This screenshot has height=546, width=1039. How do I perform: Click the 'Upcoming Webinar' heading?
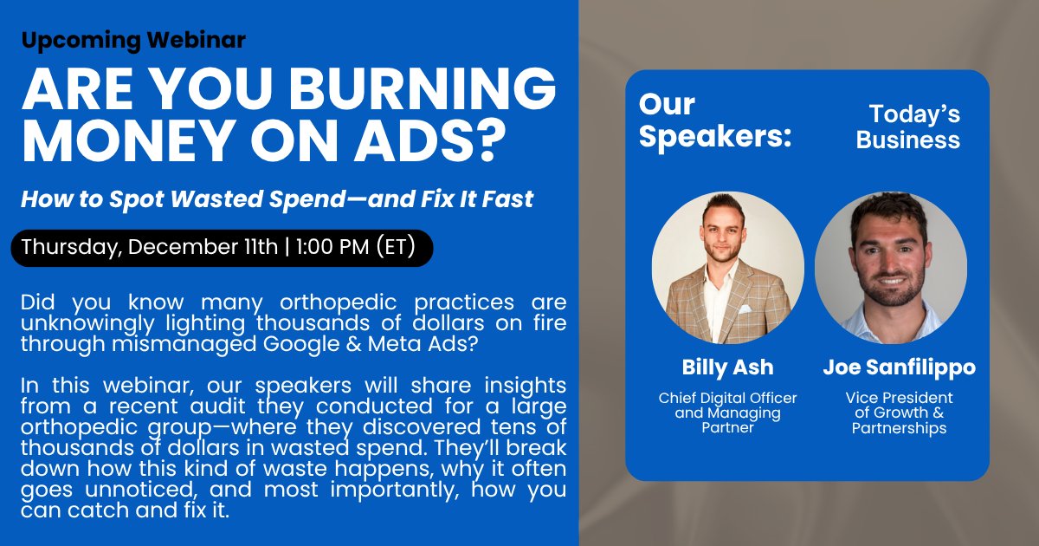click(133, 40)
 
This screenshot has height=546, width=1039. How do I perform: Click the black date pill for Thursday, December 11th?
click(221, 248)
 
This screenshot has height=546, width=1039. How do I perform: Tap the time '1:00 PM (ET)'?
click(356, 248)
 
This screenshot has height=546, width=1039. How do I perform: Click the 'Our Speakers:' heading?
click(714, 120)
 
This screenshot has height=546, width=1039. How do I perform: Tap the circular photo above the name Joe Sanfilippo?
click(890, 267)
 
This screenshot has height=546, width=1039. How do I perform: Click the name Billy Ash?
click(727, 367)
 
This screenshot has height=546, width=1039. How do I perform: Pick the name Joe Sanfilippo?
click(899, 367)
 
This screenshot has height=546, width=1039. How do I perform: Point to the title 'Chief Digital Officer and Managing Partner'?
click(727, 413)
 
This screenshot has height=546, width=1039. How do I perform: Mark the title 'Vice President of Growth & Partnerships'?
click(899, 413)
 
